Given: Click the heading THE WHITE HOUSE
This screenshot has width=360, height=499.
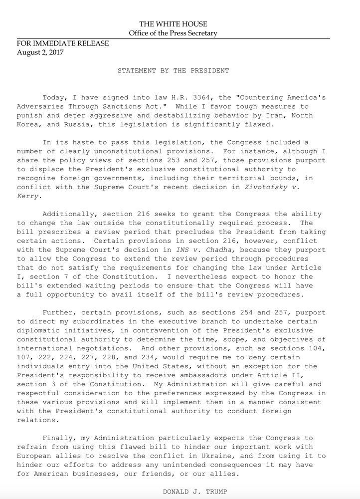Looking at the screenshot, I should click(173, 24).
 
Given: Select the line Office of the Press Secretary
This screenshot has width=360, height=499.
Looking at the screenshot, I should click(173, 33).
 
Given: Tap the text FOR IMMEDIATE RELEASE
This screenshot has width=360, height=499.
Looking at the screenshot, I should click(63, 43).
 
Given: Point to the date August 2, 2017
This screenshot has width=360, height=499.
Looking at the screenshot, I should click(40, 52).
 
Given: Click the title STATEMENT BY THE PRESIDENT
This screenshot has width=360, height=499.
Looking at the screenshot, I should click(173, 71).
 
